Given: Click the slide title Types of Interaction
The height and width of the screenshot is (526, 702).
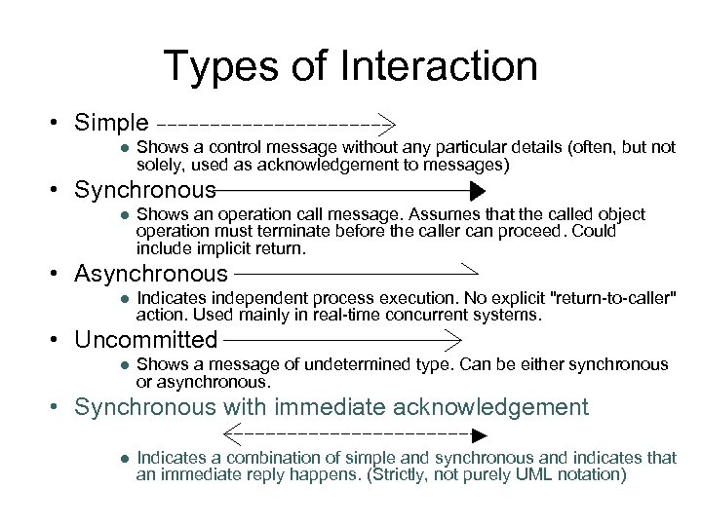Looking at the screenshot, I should point(350,67).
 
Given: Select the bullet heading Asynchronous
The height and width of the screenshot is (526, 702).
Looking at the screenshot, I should point(150,276).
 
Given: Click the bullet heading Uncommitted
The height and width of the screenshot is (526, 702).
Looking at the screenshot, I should point(145,340).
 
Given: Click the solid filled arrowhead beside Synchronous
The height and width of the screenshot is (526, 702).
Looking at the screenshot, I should point(477,189).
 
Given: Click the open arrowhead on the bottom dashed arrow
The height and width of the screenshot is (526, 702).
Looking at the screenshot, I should point(232,432).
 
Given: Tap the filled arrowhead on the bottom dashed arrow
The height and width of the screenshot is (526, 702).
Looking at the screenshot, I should point(478,432).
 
